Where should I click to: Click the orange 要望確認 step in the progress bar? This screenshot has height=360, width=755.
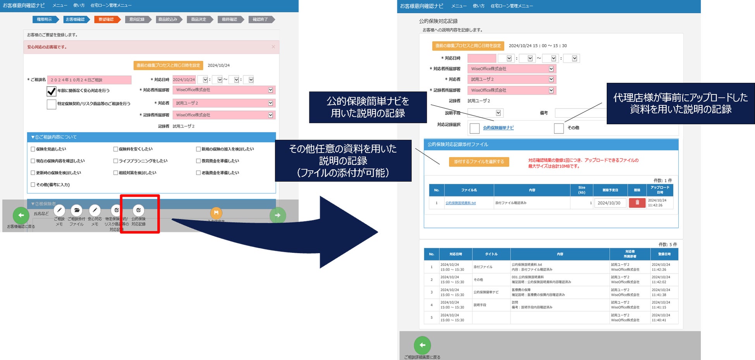click(x=106, y=19)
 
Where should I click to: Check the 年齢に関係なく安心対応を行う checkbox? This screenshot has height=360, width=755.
click(x=51, y=91)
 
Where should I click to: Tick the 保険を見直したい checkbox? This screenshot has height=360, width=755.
click(x=33, y=149)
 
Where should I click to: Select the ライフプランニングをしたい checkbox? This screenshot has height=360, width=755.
click(x=115, y=161)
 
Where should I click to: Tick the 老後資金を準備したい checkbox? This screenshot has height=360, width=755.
click(x=198, y=173)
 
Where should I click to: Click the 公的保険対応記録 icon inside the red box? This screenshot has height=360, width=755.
click(x=139, y=211)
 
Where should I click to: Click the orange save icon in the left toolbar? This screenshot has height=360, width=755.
click(x=216, y=213)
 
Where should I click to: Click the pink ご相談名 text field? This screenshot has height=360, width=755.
click(x=89, y=80)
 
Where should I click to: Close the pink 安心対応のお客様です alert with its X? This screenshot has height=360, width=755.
click(x=273, y=47)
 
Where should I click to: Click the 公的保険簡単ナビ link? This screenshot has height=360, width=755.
click(x=498, y=128)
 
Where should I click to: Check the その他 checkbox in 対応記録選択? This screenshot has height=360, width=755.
click(x=559, y=128)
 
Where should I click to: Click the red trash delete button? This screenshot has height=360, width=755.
click(x=637, y=203)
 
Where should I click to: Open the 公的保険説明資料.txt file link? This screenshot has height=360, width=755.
click(x=460, y=203)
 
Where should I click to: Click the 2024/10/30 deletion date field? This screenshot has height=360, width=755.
click(x=610, y=203)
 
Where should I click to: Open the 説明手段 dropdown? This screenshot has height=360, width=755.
click(x=485, y=113)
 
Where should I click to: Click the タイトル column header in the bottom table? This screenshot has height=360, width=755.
click(x=491, y=254)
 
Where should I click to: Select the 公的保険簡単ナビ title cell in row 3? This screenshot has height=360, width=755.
click(x=486, y=292)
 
